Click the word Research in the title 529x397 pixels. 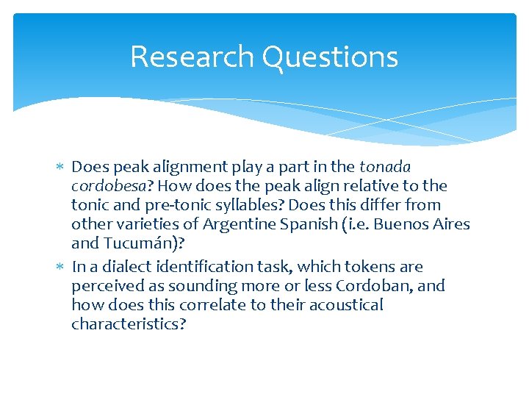click(192, 57)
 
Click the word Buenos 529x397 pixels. click(400, 224)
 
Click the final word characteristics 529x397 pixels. click(129, 323)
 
